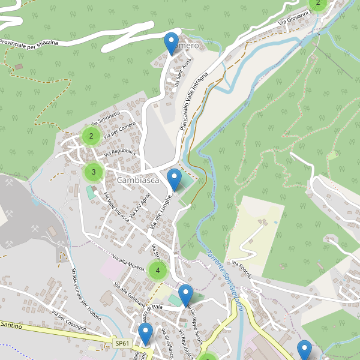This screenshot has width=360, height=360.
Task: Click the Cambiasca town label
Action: point(139,181)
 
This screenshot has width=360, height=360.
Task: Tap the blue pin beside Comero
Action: point(171,44)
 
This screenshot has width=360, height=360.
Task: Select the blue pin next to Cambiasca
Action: point(174,180)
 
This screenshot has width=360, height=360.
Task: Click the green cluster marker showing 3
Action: point(94,172)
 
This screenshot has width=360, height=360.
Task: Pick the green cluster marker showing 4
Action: point(157,271)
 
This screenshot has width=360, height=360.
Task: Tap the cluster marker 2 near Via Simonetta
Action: point(91,136)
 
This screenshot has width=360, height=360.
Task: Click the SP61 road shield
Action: point(122,343)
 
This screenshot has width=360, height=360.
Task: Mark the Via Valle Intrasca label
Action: point(117,206)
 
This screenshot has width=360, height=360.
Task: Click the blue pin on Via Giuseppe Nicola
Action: point(185,295)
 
